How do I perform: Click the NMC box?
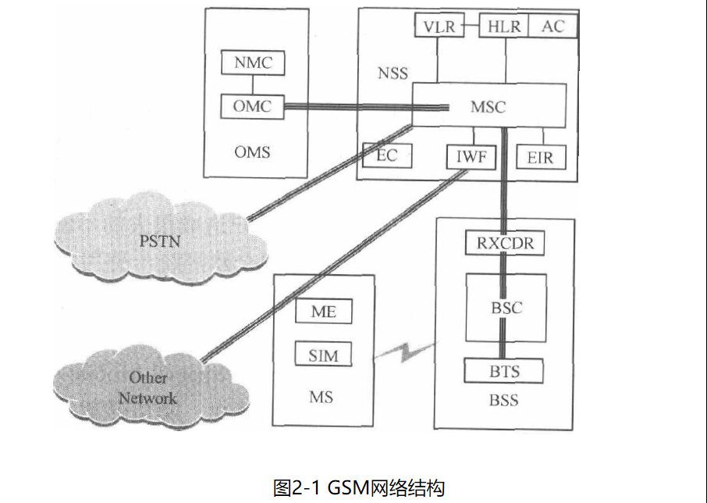click(x=253, y=62)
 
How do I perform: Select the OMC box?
click(x=252, y=105)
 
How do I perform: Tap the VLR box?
click(x=439, y=27)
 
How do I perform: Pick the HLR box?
click(x=503, y=27)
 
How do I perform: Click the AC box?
click(x=552, y=27)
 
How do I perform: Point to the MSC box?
click(x=489, y=106)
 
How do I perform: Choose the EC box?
click(x=387, y=156)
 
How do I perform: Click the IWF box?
click(x=471, y=158)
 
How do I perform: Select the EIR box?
click(x=539, y=158)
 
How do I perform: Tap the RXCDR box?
click(x=504, y=243)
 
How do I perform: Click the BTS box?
click(x=504, y=369)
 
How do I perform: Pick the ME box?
click(x=323, y=312)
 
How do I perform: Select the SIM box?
click(x=323, y=355)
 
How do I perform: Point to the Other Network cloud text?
click(x=147, y=388)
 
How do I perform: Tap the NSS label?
click(x=393, y=75)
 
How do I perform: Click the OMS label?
click(x=252, y=152)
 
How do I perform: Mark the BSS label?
click(x=503, y=402)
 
